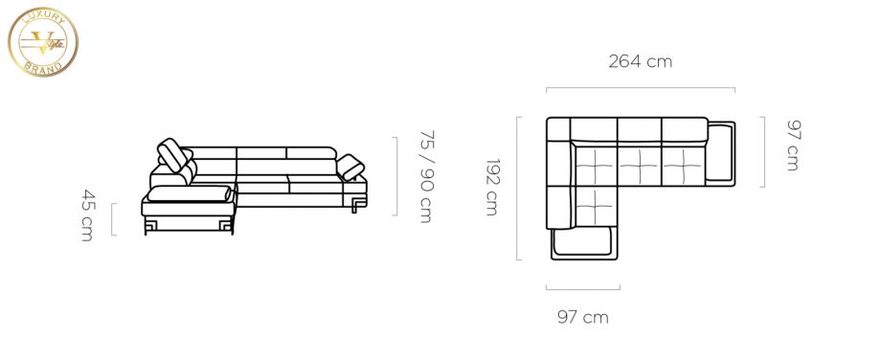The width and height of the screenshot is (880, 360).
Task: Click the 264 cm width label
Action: pyautogui.click(x=640, y=61)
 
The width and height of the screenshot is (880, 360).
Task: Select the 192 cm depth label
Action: pyautogui.click(x=491, y=188)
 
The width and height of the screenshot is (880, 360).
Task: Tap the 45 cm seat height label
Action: pyautogui.click(x=87, y=215)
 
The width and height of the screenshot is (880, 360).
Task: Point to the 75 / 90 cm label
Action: pyautogui.click(x=426, y=176)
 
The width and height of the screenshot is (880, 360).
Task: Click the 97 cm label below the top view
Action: pyautogui.click(x=582, y=317)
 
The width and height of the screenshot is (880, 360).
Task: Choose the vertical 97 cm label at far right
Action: pyautogui.click(x=794, y=146)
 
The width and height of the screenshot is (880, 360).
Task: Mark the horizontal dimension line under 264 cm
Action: pyautogui.click(x=641, y=88)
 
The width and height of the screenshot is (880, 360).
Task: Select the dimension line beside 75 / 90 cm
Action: pyautogui.click(x=396, y=176)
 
